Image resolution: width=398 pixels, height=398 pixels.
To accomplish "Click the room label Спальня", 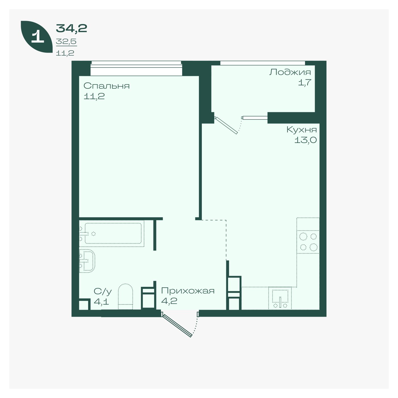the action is click(106, 86).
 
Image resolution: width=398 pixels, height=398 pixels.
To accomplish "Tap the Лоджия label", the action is click(290, 72).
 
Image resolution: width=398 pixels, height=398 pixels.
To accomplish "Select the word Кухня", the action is click(302, 130).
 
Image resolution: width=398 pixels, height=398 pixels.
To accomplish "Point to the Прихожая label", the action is click(188, 291).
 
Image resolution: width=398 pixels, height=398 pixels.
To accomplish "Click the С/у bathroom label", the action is click(103, 292).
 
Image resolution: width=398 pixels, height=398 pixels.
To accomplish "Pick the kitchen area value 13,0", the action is click(306, 140).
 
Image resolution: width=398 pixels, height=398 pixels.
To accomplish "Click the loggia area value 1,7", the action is click(304, 83).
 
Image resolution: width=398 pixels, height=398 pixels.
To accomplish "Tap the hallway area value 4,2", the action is click(169, 301).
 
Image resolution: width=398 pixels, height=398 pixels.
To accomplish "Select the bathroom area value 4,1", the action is click(101, 302).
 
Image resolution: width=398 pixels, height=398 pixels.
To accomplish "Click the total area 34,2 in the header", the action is click(71, 28).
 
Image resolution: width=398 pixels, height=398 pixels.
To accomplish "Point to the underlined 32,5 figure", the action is click(66, 42).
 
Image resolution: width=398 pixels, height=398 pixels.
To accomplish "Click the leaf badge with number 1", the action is click(37, 37).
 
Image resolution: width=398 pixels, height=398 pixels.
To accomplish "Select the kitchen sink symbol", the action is click(280, 299).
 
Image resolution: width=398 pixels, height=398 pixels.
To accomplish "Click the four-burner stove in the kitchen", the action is click(308, 242).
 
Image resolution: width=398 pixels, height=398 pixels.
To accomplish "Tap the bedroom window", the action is click(136, 68).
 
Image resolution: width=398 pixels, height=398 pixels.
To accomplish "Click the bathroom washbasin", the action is click(87, 261).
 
